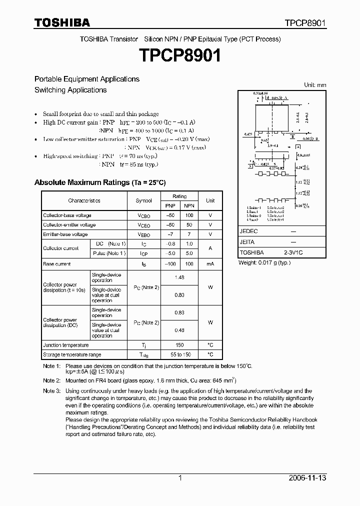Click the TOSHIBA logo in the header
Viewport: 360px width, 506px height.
(x=62, y=22)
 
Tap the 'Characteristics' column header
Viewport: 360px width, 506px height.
(x=84, y=200)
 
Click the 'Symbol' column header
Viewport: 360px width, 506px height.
(x=143, y=200)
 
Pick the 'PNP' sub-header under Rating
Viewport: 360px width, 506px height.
(x=170, y=205)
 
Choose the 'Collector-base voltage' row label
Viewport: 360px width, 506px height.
(x=67, y=215)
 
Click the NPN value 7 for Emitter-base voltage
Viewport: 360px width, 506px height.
(x=189, y=234)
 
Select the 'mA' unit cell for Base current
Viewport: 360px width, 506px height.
(x=210, y=264)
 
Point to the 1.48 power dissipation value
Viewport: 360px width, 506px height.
(x=179, y=277)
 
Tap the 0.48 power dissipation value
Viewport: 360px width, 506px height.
(x=179, y=330)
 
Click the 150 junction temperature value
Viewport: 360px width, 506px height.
(x=179, y=345)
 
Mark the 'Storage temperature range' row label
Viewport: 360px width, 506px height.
(x=72, y=354)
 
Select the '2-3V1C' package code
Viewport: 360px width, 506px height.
(x=293, y=252)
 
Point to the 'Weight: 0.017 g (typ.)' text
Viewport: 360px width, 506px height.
(x=264, y=262)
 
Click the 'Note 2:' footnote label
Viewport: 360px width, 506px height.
(x=51, y=380)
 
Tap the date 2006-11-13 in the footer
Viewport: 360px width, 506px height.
(x=307, y=478)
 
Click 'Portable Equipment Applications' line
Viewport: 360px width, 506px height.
(x=86, y=79)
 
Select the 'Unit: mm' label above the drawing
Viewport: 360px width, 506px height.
(x=315, y=85)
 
